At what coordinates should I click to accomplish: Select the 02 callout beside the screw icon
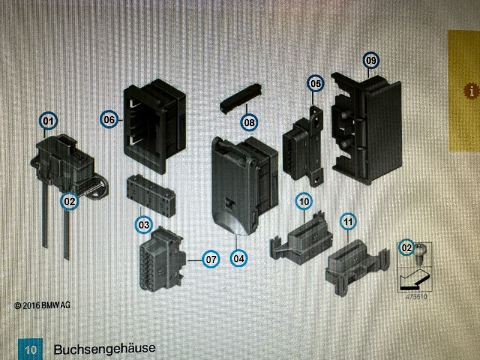[x=406, y=247]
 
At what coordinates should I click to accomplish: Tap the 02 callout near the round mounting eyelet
[x=69, y=201]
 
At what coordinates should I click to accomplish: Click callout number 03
[x=144, y=225]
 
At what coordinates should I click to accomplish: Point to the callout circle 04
[x=239, y=258]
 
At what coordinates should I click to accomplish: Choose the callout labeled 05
[x=316, y=83]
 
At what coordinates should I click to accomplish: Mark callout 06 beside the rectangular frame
[x=109, y=120]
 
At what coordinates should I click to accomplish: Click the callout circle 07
[x=211, y=259]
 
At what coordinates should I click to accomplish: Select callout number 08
[x=249, y=122]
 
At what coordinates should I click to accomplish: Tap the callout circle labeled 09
[x=371, y=60]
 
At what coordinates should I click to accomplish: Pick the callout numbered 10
[x=304, y=201]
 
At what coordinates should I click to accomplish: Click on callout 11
[x=348, y=222]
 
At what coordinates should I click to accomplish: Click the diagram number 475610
[x=415, y=297]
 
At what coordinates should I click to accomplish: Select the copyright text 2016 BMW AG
[x=42, y=305]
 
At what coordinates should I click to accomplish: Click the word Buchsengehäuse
[x=104, y=348]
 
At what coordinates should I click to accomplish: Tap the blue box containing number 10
[x=30, y=349]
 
